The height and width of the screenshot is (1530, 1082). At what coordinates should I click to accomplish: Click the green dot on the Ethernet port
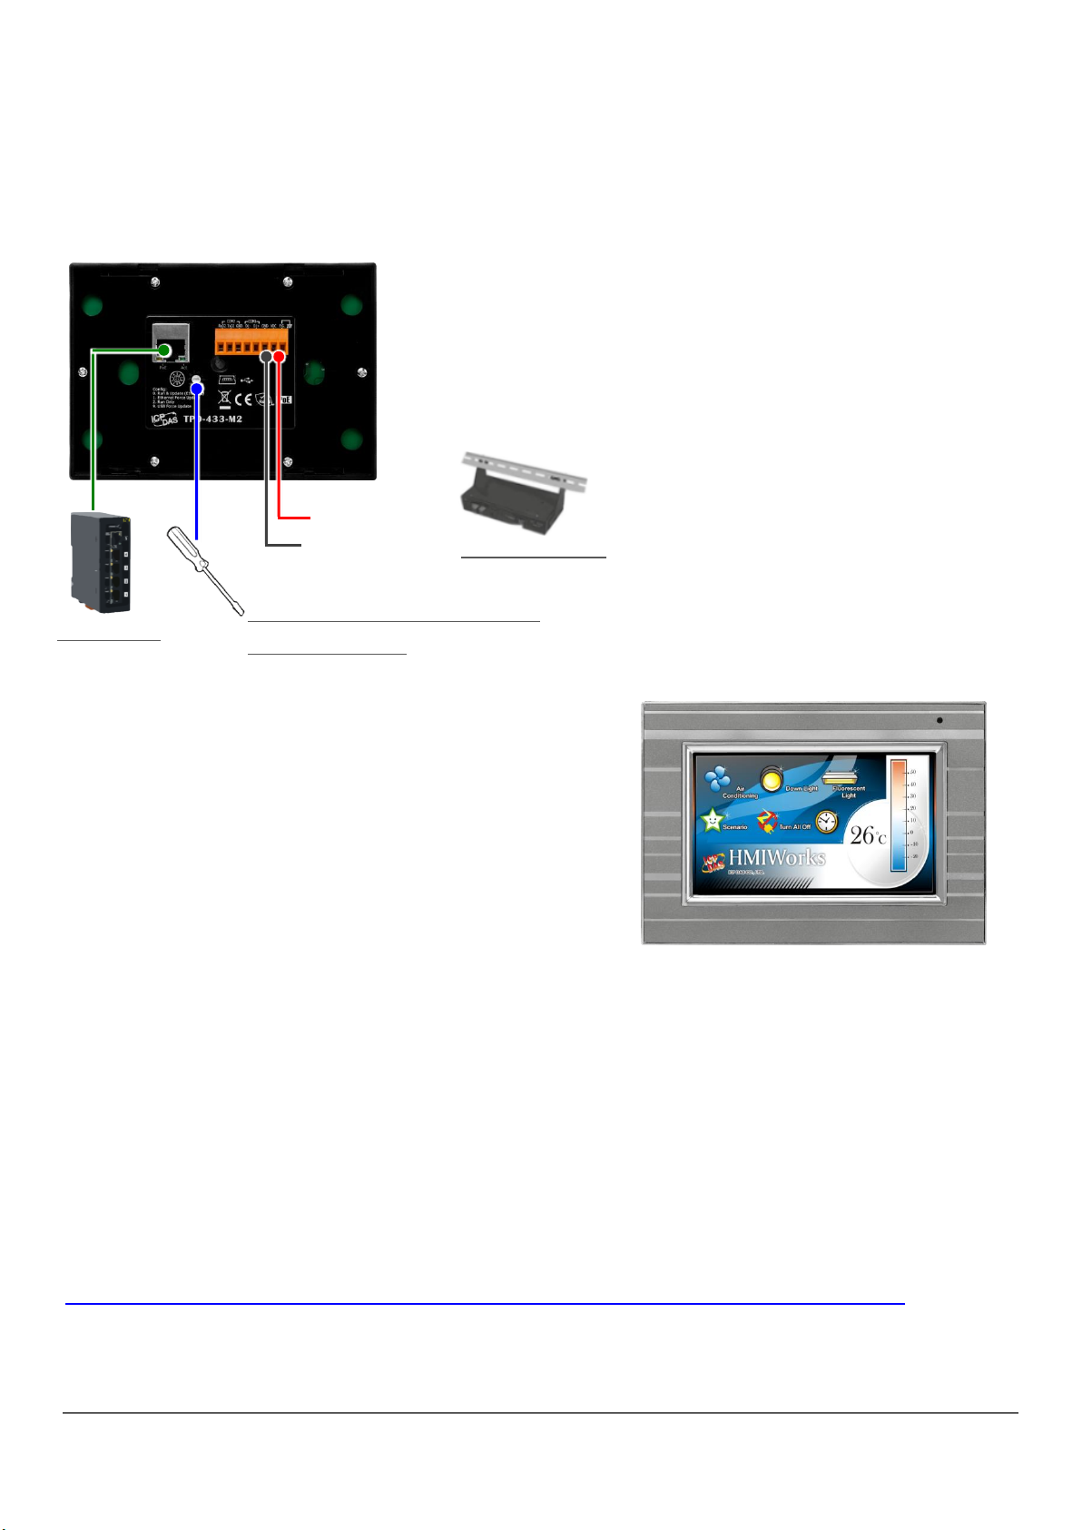pyautogui.click(x=165, y=351)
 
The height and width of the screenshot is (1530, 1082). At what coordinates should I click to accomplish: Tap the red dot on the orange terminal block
pyautogui.click(x=280, y=358)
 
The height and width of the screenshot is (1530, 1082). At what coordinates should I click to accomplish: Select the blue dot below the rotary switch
pyautogui.click(x=196, y=390)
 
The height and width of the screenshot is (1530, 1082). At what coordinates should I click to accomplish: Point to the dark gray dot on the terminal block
pyautogui.click(x=266, y=358)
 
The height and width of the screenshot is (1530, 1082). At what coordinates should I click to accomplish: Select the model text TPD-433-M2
pyautogui.click(x=213, y=420)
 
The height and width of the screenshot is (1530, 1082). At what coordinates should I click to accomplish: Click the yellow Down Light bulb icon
pyautogui.click(x=772, y=778)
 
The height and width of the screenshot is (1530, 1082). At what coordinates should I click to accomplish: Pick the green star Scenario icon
pyautogui.click(x=713, y=820)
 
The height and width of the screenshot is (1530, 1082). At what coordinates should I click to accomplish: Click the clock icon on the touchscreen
pyautogui.click(x=826, y=822)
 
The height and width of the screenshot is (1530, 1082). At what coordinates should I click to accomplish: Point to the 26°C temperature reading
pyautogui.click(x=867, y=834)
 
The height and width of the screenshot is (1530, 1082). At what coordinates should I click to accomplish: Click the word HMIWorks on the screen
pyautogui.click(x=777, y=857)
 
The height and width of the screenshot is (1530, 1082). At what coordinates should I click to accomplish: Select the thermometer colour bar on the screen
pyautogui.click(x=898, y=815)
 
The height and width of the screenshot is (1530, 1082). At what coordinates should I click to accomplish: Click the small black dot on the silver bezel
pyautogui.click(x=939, y=721)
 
